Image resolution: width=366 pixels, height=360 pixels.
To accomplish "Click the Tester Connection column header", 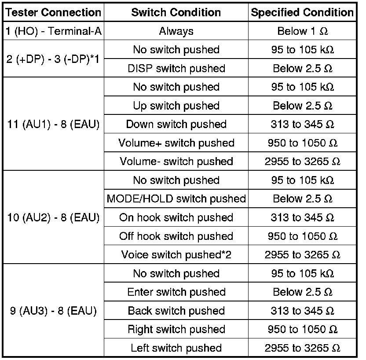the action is pos(53,12).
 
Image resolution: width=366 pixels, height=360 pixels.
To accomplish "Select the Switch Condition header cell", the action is pos(176,12).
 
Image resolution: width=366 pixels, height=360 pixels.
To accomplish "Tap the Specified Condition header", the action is pos(302,12).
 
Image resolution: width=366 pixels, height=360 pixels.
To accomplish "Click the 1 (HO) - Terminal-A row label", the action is pos(53,31).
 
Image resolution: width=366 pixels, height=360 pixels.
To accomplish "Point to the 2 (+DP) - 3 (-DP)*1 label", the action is pos(53,59).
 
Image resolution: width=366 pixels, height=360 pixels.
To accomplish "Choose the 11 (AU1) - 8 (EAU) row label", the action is pos(53,125).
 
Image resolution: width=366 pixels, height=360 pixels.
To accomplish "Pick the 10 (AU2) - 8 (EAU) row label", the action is pos(53,217).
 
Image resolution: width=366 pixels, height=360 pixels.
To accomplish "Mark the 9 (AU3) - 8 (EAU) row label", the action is pos(53,311).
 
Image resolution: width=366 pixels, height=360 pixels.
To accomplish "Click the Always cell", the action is pos(176,31).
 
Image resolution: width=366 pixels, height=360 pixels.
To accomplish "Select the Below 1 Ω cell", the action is pos(302,31).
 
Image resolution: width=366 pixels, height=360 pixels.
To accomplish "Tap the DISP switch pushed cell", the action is pos(176,69).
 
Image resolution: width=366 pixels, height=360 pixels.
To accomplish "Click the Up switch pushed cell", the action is pos(176,106).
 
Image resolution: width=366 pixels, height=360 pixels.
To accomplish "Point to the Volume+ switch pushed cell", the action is pos(176,143).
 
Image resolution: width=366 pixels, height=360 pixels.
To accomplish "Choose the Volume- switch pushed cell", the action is pos(176,162).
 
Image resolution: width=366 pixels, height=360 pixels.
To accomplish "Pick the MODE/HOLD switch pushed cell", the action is pos(176,199).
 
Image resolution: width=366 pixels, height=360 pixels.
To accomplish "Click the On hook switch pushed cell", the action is pos(176,217).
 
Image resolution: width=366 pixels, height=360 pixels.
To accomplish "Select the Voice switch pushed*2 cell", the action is pos(176,255).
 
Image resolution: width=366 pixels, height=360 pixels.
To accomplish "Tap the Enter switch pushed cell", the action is pos(176,292).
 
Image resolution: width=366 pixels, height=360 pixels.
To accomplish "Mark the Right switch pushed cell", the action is pos(176,329).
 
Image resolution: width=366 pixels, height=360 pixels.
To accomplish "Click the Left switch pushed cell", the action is pos(176,348).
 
